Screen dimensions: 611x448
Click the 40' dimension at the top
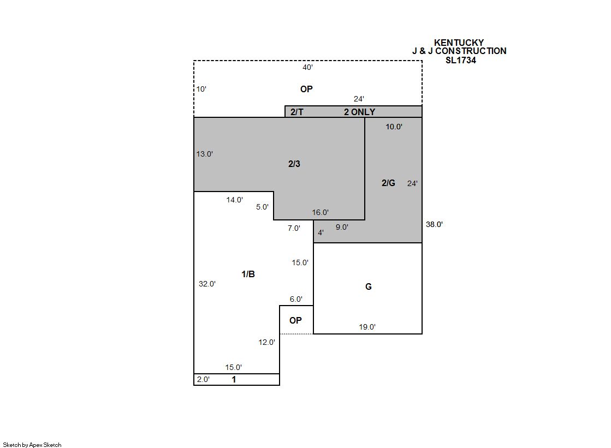click(307, 68)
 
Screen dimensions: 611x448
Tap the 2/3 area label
click(294, 164)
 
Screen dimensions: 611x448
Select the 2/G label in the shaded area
click(388, 183)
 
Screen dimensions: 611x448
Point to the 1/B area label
click(248, 274)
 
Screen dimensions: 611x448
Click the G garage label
click(368, 286)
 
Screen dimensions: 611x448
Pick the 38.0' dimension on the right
click(434, 224)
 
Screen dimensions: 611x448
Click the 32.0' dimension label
click(207, 284)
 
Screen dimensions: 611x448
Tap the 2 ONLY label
click(359, 112)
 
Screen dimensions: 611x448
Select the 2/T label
click(296, 112)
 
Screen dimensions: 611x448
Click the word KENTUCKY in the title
click(459, 43)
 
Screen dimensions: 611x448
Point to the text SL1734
click(461, 61)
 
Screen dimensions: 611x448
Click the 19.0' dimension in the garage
click(367, 327)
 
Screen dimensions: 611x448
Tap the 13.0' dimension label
click(204, 154)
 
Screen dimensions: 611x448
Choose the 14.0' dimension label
click(235, 200)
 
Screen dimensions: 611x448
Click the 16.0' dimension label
click(320, 213)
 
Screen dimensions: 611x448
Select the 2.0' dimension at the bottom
click(203, 379)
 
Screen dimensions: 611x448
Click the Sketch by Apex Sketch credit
click(32, 445)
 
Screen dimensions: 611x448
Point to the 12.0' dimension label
click(266, 343)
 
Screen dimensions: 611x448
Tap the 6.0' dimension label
click(296, 299)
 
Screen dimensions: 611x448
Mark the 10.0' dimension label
click(394, 127)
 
